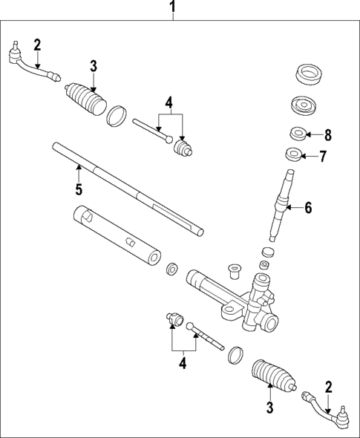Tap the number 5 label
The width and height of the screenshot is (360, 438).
pos(78,190)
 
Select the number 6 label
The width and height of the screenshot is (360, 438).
pos(308,208)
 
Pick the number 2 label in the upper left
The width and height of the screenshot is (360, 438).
pos(37,44)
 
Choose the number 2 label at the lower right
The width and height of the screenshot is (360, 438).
pos(327,387)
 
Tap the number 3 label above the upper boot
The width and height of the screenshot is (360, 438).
pos(94,67)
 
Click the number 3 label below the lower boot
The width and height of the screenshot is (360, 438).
pos(270,407)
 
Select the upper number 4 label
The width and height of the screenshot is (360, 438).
pos(169,102)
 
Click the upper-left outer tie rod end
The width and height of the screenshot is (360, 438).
pos(30,64)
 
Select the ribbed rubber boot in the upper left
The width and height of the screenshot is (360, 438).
pos(87,102)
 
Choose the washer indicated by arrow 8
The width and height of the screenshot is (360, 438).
pos(297,135)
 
